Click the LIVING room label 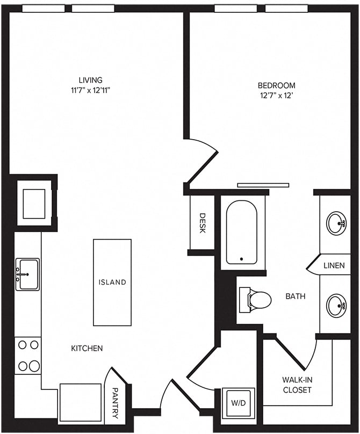click(x=91, y=80)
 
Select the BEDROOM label click(x=276, y=85)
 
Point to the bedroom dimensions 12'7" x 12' click(x=276, y=96)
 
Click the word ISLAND click(x=112, y=282)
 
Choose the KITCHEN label click(x=87, y=348)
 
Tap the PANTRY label click(x=115, y=403)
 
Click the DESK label click(x=203, y=223)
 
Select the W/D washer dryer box click(x=239, y=403)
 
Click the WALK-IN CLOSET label click(x=297, y=385)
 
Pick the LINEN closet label click(x=334, y=265)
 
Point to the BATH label click(x=296, y=296)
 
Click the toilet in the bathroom click(x=255, y=300)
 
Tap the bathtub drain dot click(x=241, y=259)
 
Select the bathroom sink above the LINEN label click(x=336, y=223)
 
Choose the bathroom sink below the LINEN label click(x=336, y=306)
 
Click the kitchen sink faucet click(x=23, y=274)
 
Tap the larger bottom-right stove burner click(x=34, y=366)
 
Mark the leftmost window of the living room click(x=44, y=9)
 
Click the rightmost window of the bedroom click(x=286, y=9)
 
